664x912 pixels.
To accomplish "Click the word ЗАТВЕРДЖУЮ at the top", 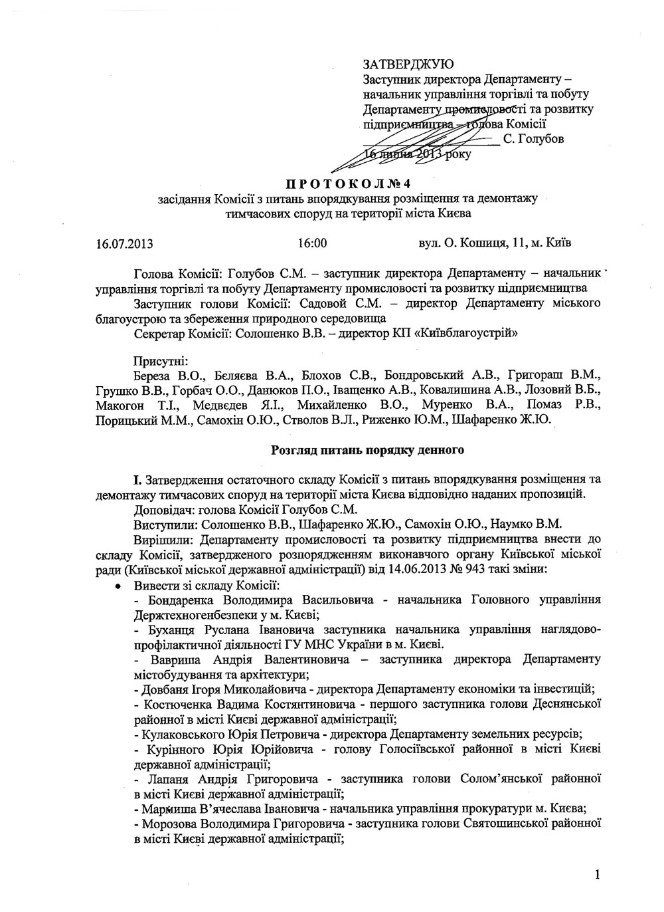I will (408, 64).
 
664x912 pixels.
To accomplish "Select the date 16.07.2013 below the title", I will (124, 243).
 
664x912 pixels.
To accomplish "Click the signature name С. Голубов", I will (533, 139).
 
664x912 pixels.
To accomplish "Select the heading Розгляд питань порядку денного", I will (367, 451).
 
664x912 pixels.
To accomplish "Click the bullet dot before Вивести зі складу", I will (118, 586).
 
